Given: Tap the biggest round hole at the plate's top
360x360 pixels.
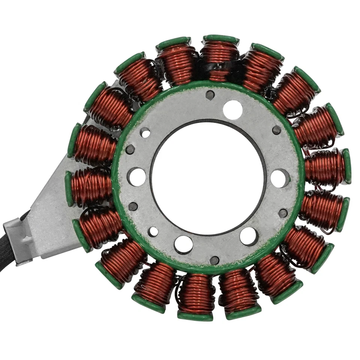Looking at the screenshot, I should [232, 109].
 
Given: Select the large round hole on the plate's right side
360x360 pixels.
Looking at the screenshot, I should [280, 178].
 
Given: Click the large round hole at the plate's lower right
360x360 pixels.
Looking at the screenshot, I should [249, 236].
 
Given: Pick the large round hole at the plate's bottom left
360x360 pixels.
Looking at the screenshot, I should [183, 244].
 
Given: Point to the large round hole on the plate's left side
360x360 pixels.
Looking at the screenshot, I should [136, 177].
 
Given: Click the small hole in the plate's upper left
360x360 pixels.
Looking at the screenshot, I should [145, 132].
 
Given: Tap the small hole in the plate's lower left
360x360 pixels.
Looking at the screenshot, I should [153, 232].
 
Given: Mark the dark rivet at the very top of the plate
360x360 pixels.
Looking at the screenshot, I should [210, 95].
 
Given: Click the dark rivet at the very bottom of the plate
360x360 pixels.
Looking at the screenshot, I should [214, 260].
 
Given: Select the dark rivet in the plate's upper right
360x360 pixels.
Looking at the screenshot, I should [276, 130].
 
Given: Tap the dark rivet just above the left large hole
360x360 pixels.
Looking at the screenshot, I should [130, 149].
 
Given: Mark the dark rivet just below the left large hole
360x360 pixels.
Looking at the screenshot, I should [133, 206].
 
